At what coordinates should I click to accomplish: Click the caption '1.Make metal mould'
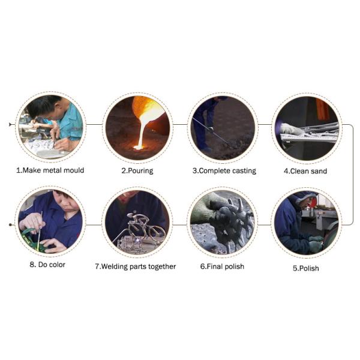(x=50, y=170)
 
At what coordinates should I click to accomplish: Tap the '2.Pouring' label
(x=137, y=171)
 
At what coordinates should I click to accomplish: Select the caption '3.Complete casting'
(x=224, y=171)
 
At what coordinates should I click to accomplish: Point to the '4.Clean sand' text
(x=305, y=171)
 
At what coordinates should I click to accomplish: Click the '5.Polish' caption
(x=306, y=268)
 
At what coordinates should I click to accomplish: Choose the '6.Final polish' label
(x=222, y=266)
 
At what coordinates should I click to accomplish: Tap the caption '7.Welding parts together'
(x=136, y=266)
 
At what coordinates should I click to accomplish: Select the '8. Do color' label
(x=47, y=265)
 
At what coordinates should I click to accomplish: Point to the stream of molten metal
(x=143, y=133)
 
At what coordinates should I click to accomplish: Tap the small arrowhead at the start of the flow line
(x=10, y=124)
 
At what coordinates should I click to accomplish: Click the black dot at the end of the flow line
(x=10, y=224)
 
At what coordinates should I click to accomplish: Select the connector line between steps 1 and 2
(x=94, y=125)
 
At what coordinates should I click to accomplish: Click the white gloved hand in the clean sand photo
(x=290, y=129)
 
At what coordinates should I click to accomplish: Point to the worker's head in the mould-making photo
(x=45, y=107)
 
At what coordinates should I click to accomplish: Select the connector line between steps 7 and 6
(x=180, y=225)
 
